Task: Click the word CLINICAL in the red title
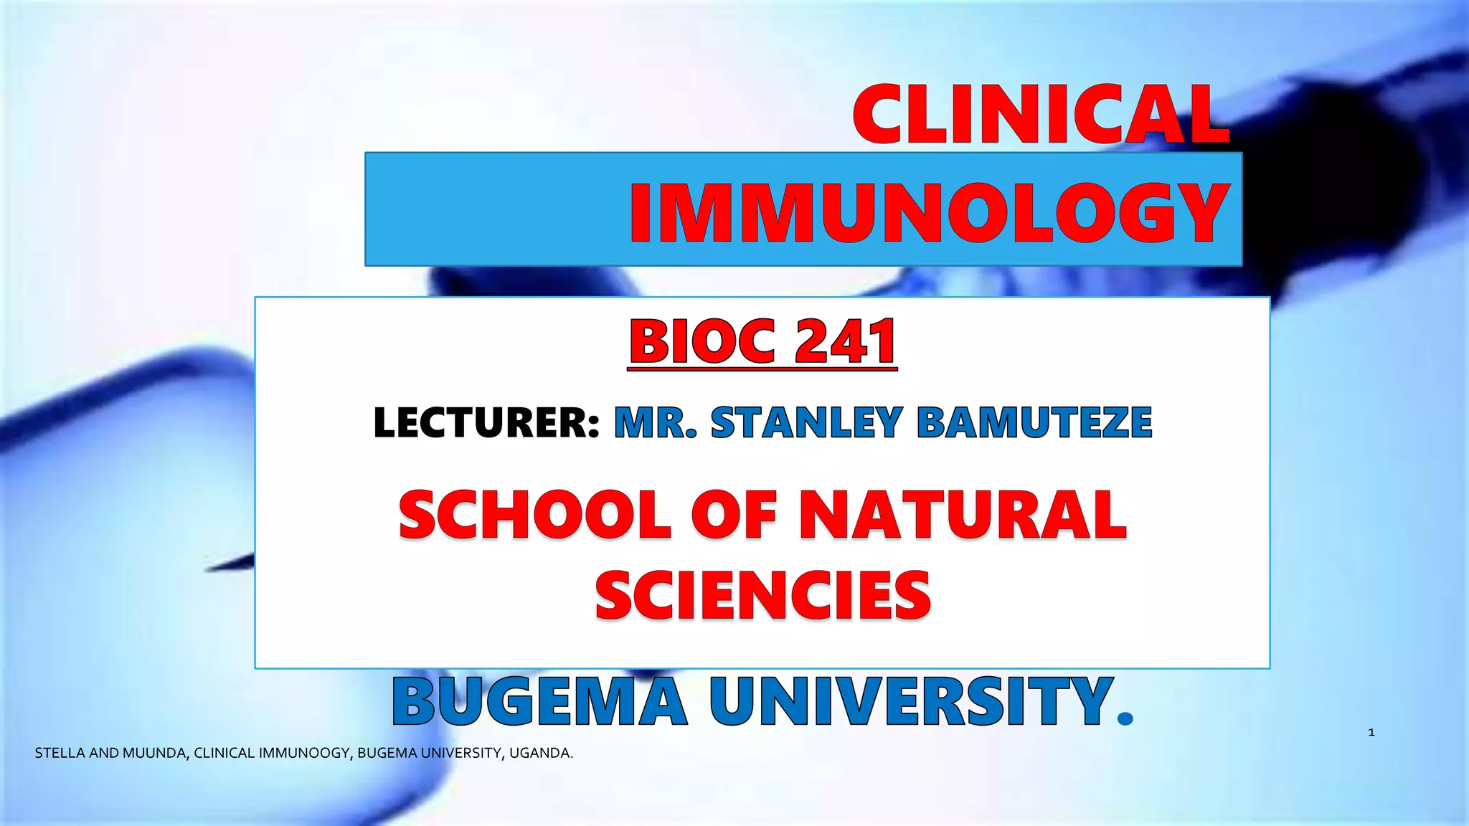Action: click(1040, 115)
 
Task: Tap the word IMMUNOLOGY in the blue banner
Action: click(930, 213)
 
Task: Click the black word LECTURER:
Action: click(486, 422)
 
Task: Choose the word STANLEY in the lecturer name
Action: click(806, 422)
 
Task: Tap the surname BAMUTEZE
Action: click(1034, 422)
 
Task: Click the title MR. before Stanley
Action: click(655, 422)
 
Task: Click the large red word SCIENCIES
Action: click(762, 595)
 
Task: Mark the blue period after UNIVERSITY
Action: click(1125, 718)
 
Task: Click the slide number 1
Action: click(1371, 732)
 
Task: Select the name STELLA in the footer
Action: click(60, 754)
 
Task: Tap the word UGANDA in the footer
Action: click(541, 754)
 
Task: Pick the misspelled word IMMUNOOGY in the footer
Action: click(304, 754)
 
